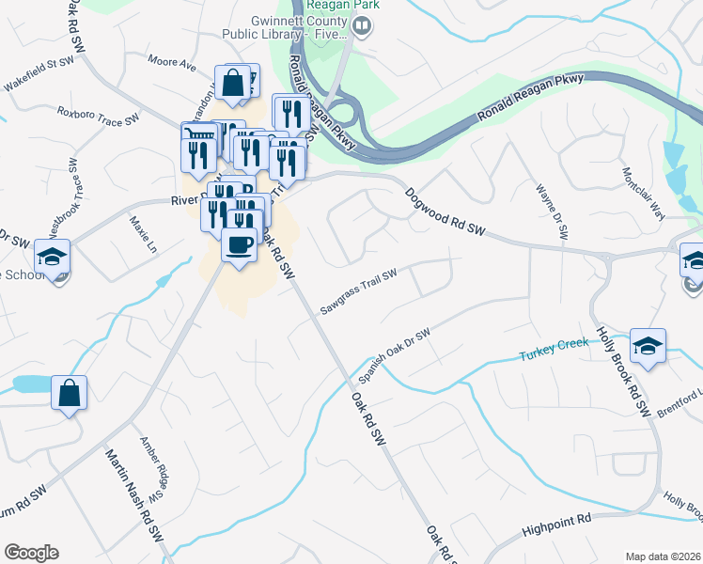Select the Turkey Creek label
[x=555, y=350]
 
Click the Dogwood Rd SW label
[x=445, y=213]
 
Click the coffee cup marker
[x=239, y=246]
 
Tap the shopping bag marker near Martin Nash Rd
[x=69, y=394]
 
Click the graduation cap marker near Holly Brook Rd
[x=648, y=346]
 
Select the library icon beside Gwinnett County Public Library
[x=362, y=28]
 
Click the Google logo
[x=31, y=553]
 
